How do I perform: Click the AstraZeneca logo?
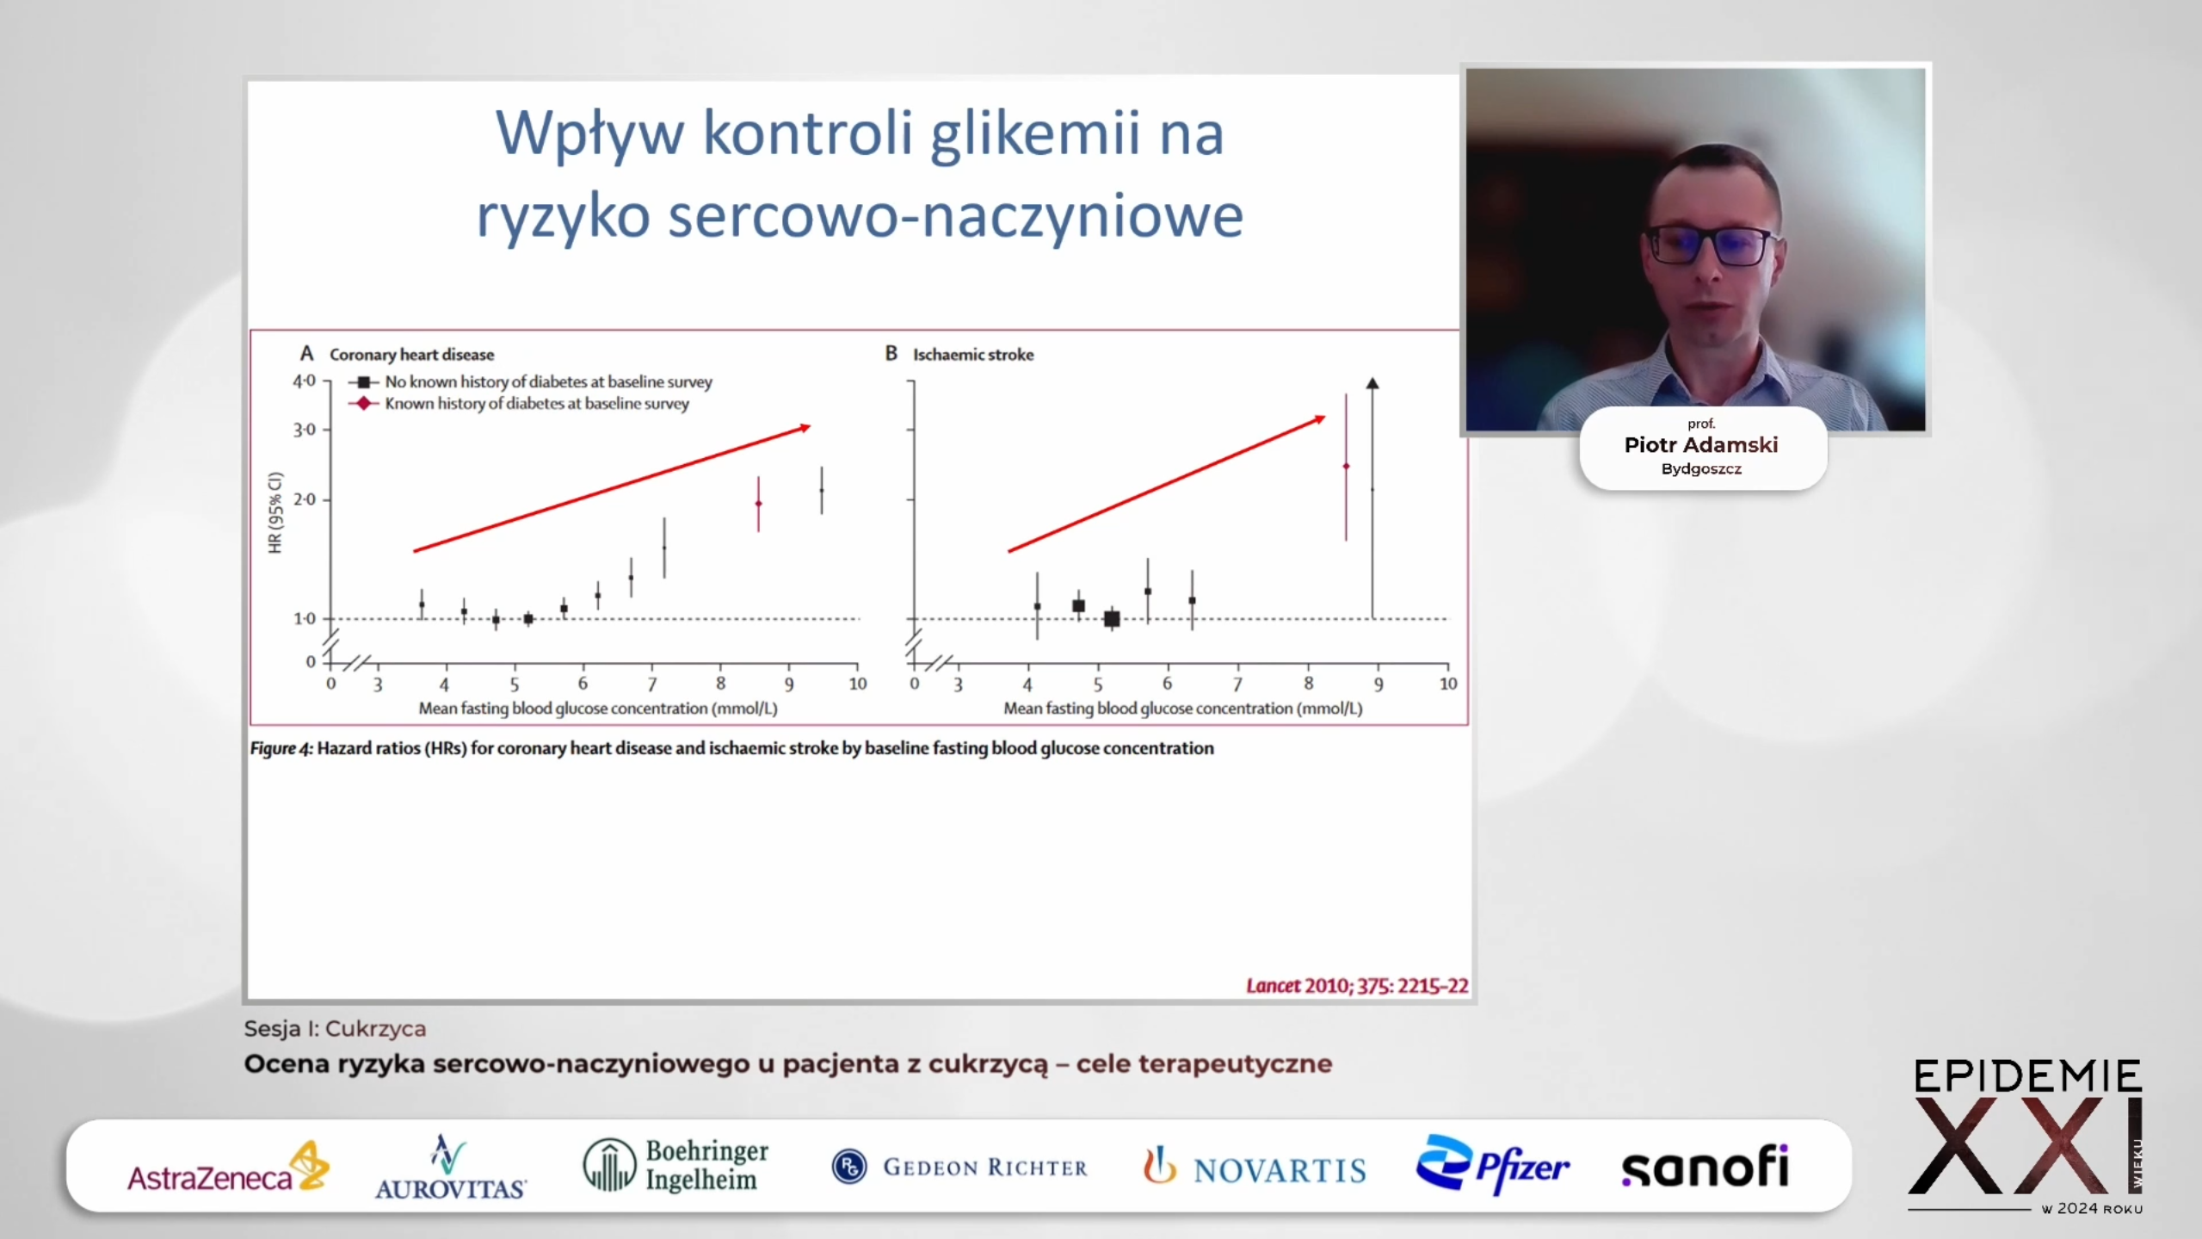228,1168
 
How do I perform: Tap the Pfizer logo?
1492,1165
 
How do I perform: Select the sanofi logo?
1705,1168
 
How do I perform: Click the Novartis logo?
1254,1167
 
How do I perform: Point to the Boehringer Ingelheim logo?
675,1165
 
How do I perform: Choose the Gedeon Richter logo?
959,1167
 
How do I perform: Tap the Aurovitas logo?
450,1168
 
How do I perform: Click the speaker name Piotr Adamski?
1700,445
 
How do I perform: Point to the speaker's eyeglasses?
1711,246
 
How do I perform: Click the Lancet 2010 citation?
1357,986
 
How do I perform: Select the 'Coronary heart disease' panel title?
411,355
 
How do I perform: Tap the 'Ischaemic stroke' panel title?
973,355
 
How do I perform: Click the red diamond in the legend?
364,403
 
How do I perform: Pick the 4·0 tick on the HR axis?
305,381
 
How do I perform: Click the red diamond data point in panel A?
758,504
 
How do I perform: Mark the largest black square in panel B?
1112,619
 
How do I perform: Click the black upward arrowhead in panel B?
1372,383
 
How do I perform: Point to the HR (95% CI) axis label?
275,512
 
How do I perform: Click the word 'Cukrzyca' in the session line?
375,1029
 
